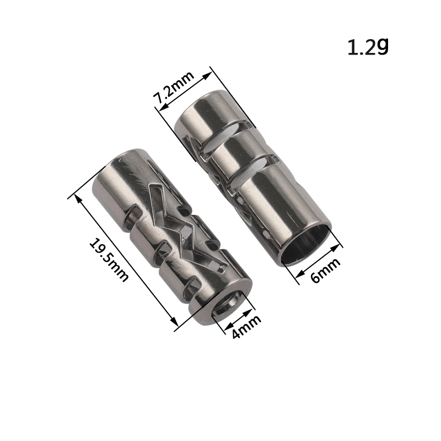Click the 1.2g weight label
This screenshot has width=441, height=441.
[x=368, y=47]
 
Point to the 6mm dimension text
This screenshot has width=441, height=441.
[x=326, y=270]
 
